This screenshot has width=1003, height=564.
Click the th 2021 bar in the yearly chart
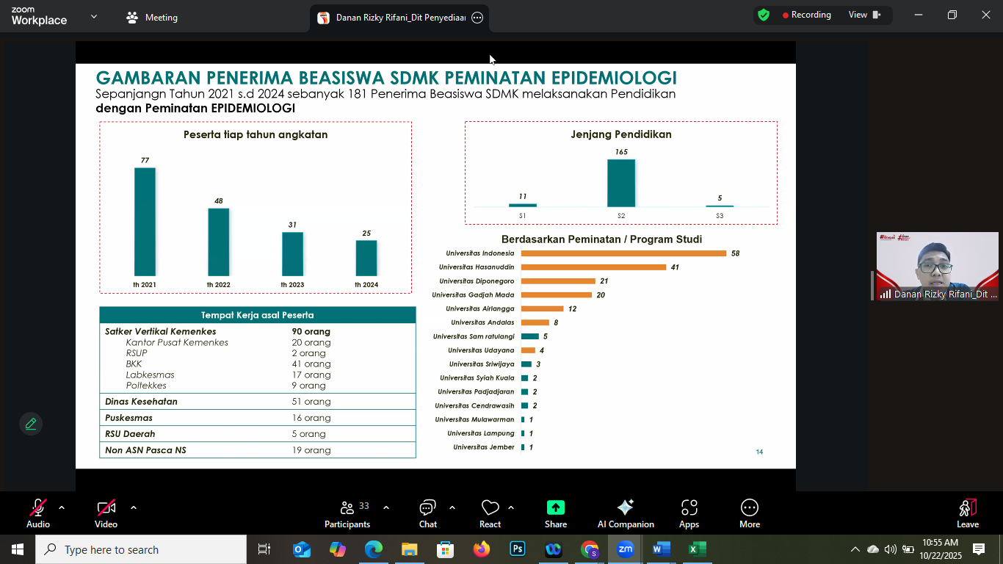point(145,222)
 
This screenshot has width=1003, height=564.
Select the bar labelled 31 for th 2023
point(292,254)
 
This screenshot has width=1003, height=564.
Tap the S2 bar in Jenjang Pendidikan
point(621,183)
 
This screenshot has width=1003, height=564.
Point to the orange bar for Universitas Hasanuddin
point(593,267)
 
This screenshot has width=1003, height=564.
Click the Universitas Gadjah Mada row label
point(473,294)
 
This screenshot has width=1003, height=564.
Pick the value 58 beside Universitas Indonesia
point(735,253)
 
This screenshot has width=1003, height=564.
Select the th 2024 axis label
point(366,284)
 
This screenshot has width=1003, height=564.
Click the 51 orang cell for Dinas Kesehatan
point(311,402)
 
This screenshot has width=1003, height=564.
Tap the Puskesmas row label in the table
point(128,418)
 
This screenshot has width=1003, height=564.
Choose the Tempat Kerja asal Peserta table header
point(258,315)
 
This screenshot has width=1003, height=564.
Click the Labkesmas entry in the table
point(150,375)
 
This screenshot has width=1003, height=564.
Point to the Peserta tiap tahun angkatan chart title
point(256,134)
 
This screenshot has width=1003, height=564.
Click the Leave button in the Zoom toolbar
point(968,513)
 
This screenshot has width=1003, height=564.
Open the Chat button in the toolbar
point(427,513)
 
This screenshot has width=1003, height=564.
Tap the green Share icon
point(556,507)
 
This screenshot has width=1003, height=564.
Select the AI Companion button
point(626,513)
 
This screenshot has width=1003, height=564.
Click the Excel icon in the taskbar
point(697,549)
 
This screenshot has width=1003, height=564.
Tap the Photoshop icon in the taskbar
point(517,549)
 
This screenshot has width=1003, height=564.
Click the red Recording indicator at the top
point(806,15)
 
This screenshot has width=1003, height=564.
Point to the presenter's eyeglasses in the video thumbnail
point(935,268)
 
